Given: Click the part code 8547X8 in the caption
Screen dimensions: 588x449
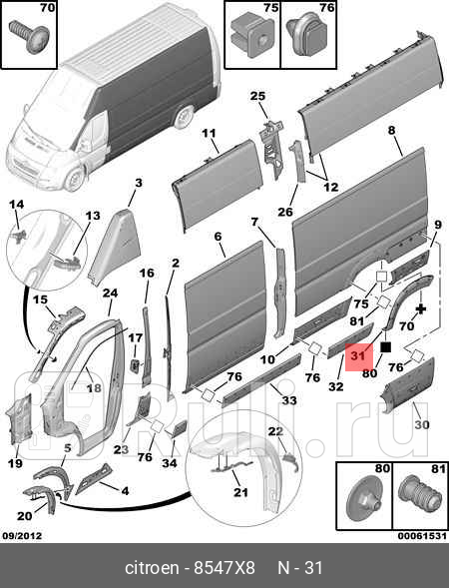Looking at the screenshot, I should pyautogui.click(x=212, y=567).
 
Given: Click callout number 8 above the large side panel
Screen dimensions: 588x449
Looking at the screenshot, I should pyautogui.click(x=392, y=131).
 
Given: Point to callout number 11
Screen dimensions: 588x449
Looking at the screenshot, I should pyautogui.click(x=210, y=133).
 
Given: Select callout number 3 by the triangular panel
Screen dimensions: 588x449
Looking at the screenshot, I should pyautogui.click(x=139, y=182).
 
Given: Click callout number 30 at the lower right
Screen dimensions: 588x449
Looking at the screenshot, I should pyautogui.click(x=420, y=423).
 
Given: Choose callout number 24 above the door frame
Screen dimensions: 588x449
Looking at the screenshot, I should pyautogui.click(x=110, y=293).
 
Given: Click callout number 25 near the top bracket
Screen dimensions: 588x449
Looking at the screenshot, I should pyautogui.click(x=258, y=96).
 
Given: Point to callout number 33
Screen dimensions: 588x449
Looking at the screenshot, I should pyautogui.click(x=289, y=400).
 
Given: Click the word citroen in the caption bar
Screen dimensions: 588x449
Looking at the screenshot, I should pyautogui.click(x=153, y=567).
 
